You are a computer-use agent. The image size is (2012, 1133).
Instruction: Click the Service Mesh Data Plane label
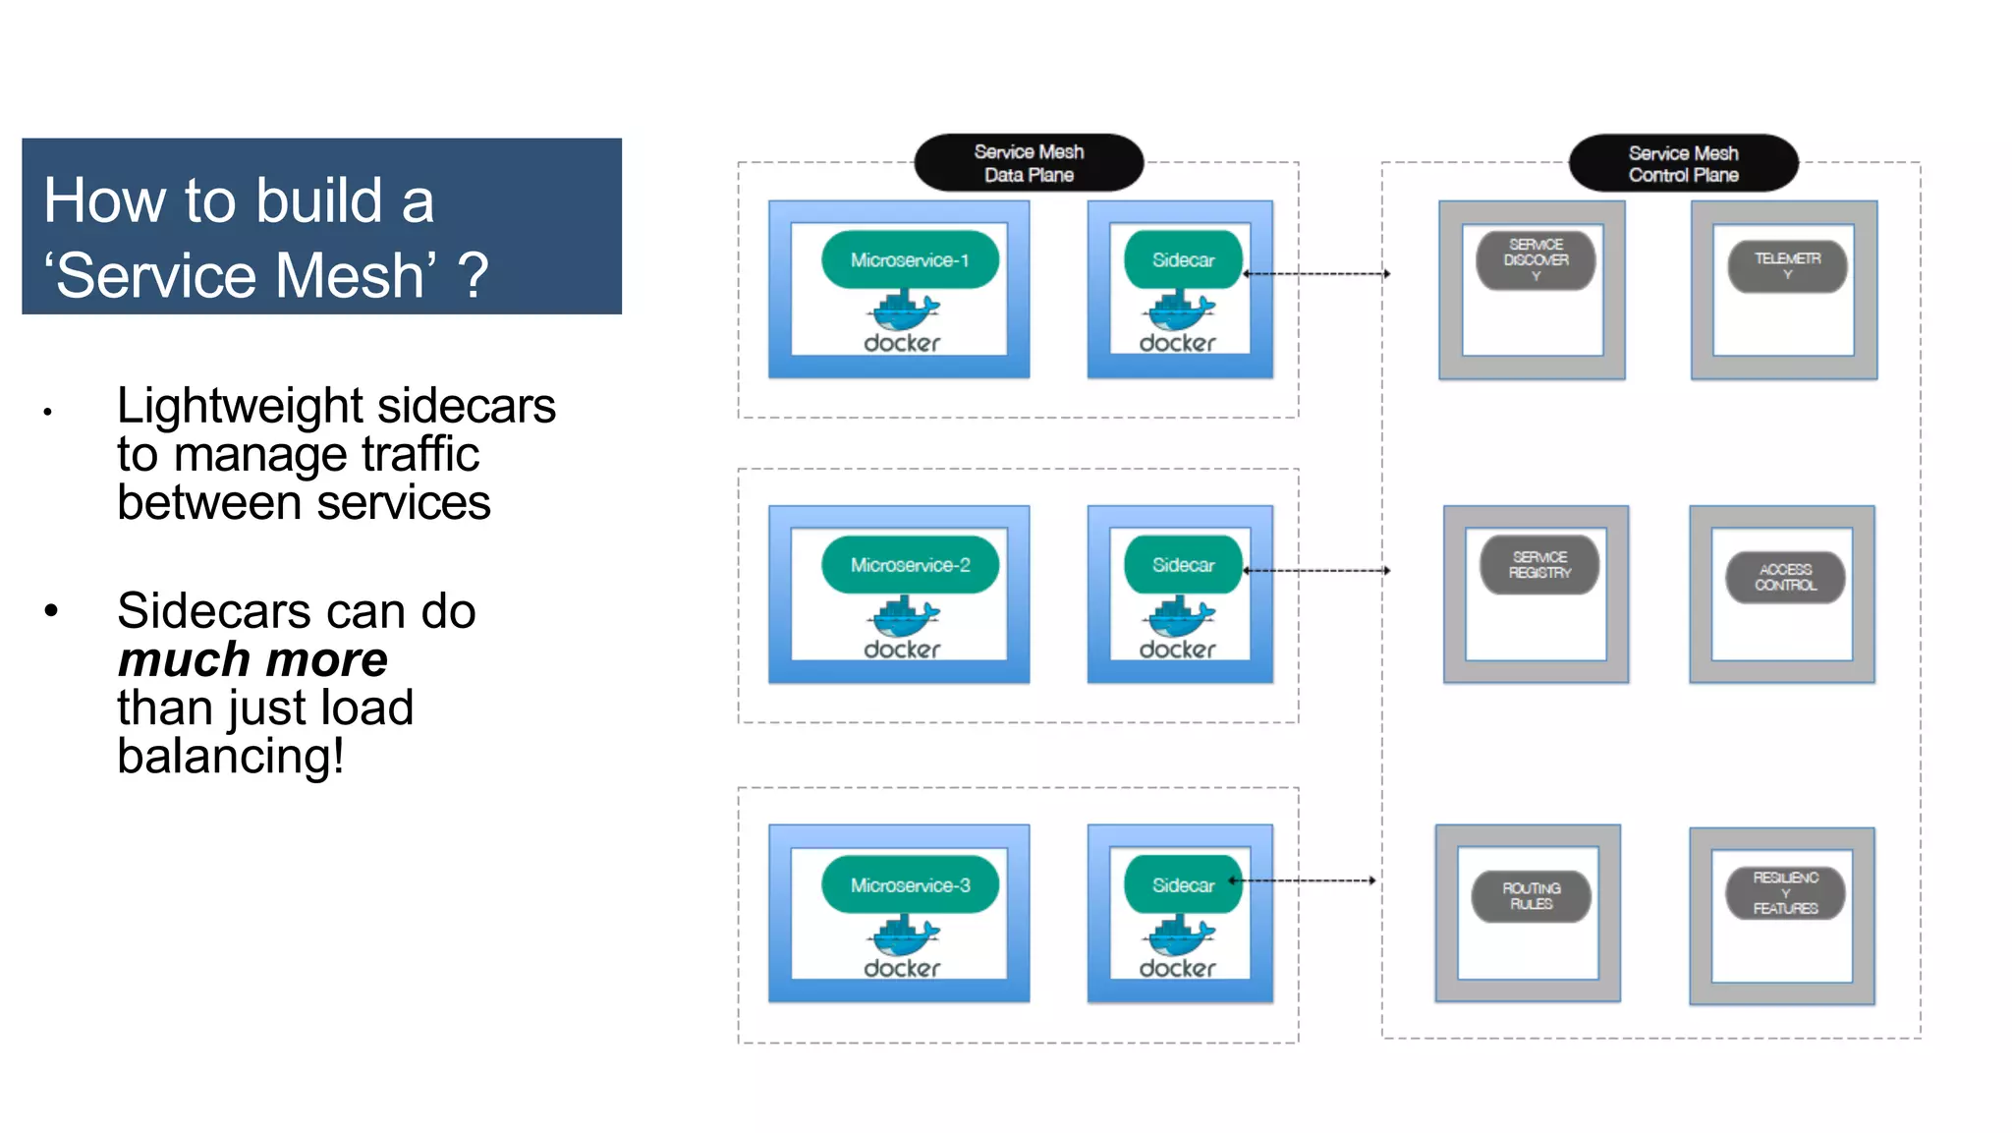coord(1028,163)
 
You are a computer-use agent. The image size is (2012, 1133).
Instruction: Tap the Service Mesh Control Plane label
coord(1682,164)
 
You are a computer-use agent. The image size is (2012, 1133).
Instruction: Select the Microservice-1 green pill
coord(910,260)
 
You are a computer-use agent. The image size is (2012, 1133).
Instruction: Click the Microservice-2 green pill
coord(910,565)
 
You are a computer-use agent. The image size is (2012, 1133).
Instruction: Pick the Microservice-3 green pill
coord(910,885)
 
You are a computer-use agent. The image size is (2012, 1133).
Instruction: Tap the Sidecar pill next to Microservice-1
coord(1183,260)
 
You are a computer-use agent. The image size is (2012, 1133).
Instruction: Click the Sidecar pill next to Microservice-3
coord(1183,885)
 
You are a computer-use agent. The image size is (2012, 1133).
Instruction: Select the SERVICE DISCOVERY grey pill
coord(1536,260)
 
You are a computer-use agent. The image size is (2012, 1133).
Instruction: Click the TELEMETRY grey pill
coord(1787,265)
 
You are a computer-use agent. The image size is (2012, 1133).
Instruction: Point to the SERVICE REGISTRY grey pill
coord(1539,565)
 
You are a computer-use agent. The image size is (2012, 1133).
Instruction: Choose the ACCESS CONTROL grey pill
coord(1785,577)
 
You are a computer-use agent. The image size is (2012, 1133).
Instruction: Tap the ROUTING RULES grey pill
coord(1531,895)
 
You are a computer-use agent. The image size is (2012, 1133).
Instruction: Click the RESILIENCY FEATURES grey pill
coord(1785,892)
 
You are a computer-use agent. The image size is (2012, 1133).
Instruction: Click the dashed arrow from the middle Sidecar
coord(1316,570)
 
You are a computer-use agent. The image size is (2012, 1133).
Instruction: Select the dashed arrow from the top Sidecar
coord(1316,274)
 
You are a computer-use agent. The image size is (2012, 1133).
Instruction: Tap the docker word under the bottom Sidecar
coord(1177,969)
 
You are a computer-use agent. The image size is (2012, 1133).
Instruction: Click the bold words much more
coord(252,659)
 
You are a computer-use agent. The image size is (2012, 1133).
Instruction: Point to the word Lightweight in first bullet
coord(241,406)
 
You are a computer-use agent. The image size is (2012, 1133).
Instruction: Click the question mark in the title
coord(473,276)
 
